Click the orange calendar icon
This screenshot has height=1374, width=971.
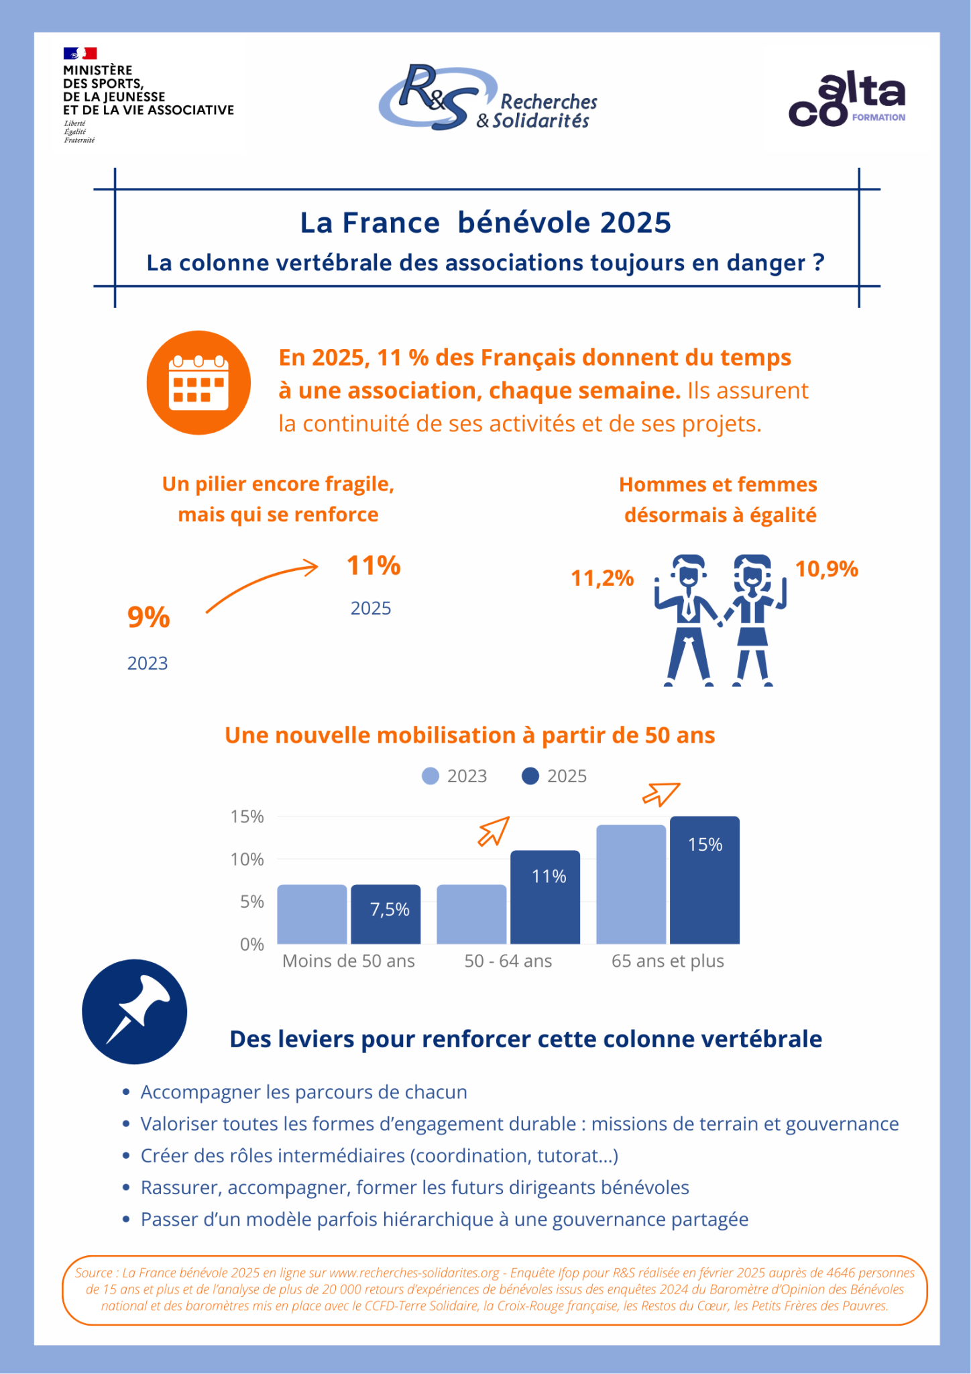198,382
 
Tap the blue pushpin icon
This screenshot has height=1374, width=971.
135,1011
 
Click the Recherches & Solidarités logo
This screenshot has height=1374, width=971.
488,98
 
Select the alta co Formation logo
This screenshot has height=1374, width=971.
847,100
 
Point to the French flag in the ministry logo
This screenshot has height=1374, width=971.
80,53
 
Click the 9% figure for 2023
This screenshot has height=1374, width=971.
148,617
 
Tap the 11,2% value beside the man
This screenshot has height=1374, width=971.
602,578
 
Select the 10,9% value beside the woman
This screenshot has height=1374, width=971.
826,569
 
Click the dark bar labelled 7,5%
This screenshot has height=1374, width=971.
386,914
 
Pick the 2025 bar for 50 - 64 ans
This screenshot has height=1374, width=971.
545,897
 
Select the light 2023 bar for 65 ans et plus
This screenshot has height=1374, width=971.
631,884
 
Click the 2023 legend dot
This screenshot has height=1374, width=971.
431,776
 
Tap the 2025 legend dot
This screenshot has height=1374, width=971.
530,776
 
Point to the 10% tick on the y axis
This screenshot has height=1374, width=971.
247,859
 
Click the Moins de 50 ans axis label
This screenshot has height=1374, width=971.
349,961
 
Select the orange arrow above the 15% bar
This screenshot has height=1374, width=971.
661,794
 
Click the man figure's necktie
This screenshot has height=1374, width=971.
689,606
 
